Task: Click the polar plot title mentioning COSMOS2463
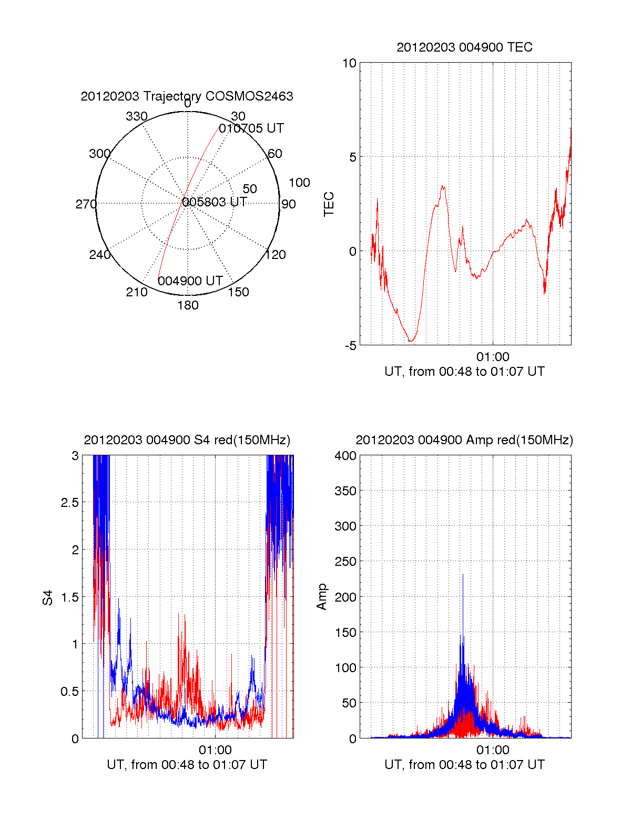point(187,96)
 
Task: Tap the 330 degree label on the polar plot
point(136,116)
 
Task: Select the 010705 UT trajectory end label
point(251,128)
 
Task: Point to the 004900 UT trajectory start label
point(190,281)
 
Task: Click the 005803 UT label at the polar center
point(215,202)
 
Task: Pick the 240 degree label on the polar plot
point(99,255)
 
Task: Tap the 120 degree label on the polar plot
point(276,255)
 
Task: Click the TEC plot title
point(464,47)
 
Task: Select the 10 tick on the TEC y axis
point(349,63)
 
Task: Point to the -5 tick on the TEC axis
point(350,346)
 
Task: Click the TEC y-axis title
point(329,204)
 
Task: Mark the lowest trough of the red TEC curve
point(411,341)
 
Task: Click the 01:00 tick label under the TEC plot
point(493,357)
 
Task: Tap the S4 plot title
point(187,440)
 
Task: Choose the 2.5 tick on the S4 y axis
point(69,503)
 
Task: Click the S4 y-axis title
point(48,597)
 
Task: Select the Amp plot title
point(464,440)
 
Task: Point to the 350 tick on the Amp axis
point(345,491)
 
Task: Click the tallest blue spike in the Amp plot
point(463,575)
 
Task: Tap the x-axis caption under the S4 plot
point(187,765)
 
